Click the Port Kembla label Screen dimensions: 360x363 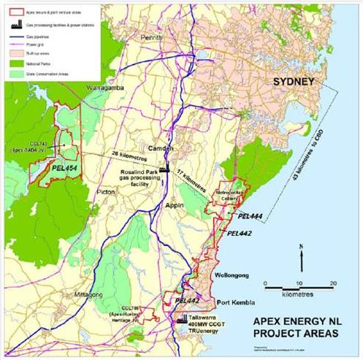point(239,303)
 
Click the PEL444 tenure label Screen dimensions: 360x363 point(251,217)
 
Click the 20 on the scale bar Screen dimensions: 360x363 point(333,283)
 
